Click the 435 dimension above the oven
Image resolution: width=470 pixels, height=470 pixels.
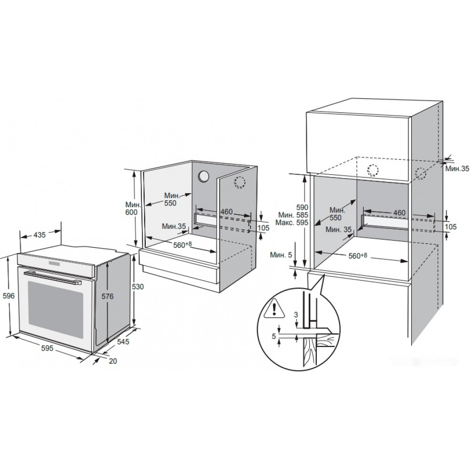pyautogui.click(x=39, y=235)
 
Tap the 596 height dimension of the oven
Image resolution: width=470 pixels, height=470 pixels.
pyautogui.click(x=8, y=296)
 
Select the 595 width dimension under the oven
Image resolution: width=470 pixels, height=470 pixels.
pyautogui.click(x=47, y=348)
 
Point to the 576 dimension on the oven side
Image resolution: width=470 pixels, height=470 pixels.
pyautogui.click(x=107, y=296)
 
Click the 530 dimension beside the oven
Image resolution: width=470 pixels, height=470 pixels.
pyautogui.click(x=138, y=287)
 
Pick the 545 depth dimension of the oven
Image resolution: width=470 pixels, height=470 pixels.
pyautogui.click(x=123, y=341)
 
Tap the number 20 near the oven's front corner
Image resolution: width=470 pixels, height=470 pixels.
pyautogui.click(x=113, y=361)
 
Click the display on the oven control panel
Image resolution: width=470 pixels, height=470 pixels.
pyautogui.click(x=53, y=262)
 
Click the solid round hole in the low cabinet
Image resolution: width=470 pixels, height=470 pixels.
pyautogui.click(x=204, y=177)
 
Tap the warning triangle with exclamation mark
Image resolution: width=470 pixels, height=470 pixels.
pyautogui.click(x=274, y=308)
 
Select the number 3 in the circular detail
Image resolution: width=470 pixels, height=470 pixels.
pyautogui.click(x=296, y=315)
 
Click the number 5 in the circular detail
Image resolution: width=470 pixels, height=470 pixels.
pyautogui.click(x=274, y=337)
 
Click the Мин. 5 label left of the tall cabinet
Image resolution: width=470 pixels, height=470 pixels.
pyautogui.click(x=281, y=255)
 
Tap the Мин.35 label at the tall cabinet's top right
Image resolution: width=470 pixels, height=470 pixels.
pyautogui.click(x=457, y=169)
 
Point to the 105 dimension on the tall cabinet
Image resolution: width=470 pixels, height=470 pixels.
pyautogui.click(x=451, y=227)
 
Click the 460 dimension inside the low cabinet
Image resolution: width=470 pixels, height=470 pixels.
pyautogui.click(x=227, y=211)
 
